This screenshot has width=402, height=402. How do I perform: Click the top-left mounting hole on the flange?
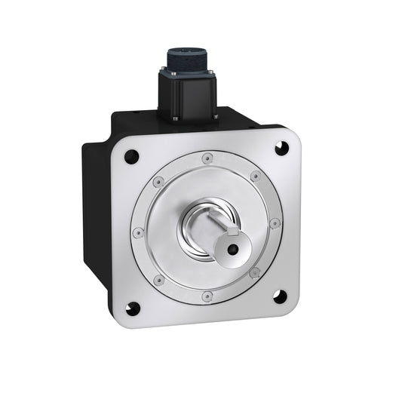pos(131,157)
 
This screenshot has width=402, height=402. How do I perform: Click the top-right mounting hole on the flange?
pos(281,148)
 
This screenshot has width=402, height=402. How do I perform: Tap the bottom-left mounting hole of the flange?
pos(133,308)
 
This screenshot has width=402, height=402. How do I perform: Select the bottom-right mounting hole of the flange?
pos(280,296)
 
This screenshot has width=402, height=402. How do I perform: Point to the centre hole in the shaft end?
pos(233,250)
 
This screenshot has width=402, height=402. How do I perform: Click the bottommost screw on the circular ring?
pos(207,296)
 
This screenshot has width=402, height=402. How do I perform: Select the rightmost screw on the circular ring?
pos(275,223)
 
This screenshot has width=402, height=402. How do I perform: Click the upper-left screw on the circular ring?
pos(158,182)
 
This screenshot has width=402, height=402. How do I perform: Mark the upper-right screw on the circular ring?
pos(255,176)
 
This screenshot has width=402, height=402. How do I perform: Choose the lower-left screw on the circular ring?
pos(159,281)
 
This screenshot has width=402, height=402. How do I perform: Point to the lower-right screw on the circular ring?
pos(255,272)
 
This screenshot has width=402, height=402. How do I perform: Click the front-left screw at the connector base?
pos(175,118)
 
